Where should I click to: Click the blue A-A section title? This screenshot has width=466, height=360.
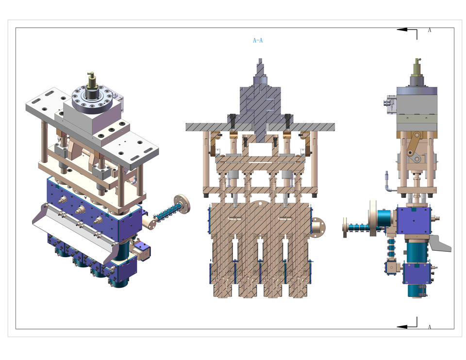point(258,40)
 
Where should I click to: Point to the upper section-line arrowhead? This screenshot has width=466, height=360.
point(402,30)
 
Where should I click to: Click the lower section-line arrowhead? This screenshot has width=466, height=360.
point(402,327)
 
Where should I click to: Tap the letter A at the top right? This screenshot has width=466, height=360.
point(430,30)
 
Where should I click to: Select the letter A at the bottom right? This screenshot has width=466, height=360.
point(430,327)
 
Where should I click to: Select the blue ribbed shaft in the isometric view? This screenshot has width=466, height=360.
point(168,212)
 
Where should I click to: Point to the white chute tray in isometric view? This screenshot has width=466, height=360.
point(71,229)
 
